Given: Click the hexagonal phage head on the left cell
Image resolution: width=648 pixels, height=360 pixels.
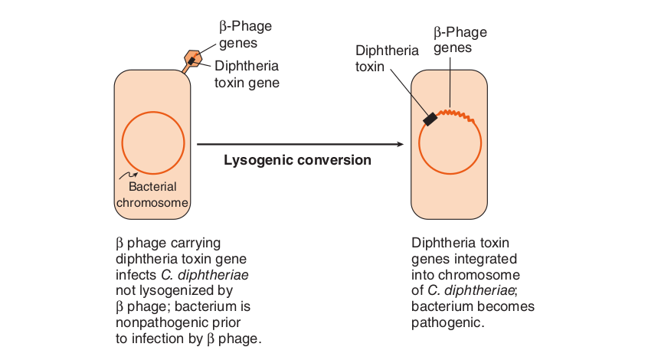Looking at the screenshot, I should click(191, 58).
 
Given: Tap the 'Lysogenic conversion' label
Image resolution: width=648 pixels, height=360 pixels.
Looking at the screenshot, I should click(297, 160).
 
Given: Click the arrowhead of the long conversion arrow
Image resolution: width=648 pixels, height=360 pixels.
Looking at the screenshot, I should click(399, 144).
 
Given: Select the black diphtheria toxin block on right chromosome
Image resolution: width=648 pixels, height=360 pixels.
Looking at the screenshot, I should click(430, 118).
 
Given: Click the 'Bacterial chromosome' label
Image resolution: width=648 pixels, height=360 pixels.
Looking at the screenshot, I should click(152, 195).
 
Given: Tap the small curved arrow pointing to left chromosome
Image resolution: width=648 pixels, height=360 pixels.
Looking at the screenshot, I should click(129, 176).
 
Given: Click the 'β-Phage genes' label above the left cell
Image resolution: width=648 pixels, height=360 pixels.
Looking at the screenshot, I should click(240, 34).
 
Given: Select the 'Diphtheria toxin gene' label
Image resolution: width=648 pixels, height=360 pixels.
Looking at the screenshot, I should click(246, 74).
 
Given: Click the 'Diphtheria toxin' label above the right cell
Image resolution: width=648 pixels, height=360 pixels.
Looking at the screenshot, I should click(387, 58).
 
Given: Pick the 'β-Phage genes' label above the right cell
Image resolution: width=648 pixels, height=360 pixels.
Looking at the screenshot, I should click(460, 40).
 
